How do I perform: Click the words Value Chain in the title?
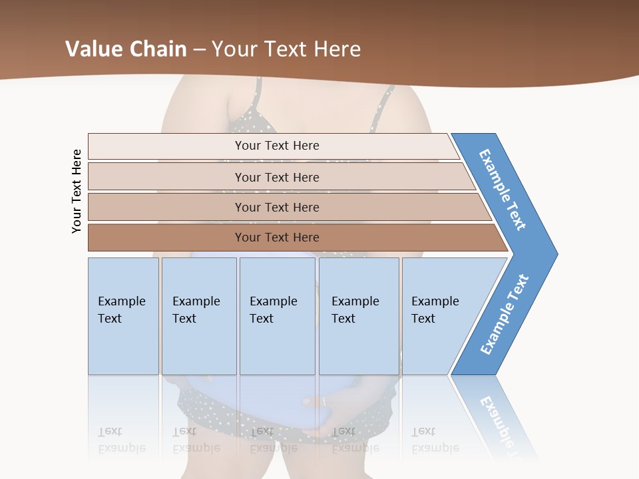tap(126, 49)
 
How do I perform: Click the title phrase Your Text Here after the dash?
tap(286, 49)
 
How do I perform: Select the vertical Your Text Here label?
tap(77, 191)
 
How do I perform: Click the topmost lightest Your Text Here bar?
tap(276, 146)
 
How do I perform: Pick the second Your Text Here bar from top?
tap(276, 177)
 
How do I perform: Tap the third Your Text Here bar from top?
tap(276, 207)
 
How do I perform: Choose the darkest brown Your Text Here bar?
tap(276, 238)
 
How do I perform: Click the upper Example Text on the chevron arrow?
tap(503, 190)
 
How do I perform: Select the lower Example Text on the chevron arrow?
tap(505, 314)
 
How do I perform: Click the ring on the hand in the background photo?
tap(323, 401)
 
